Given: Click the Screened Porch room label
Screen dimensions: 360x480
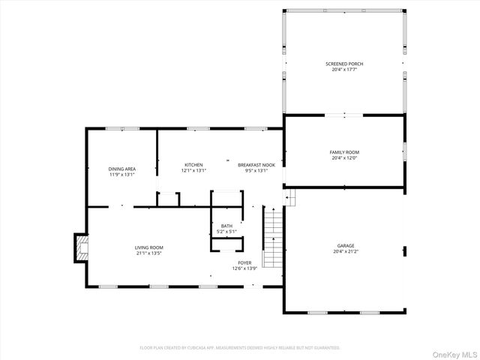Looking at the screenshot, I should point(344,64).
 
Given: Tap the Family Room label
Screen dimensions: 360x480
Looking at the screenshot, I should point(344,152).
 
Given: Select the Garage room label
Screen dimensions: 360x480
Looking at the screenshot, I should point(345,246).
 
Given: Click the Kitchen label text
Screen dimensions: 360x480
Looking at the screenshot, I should point(193,165).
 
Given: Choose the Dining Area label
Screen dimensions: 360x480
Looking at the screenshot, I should point(121,169).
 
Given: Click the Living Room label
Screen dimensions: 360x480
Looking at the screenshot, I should point(149,247).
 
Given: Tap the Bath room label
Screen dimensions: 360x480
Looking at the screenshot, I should point(226,226).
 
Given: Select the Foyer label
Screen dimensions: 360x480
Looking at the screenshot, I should point(244,262).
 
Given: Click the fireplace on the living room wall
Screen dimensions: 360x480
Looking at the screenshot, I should point(80,248).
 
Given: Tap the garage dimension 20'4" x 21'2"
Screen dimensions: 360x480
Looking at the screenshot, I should point(345,251).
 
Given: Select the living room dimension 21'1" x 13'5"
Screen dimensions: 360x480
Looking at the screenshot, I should point(149,253).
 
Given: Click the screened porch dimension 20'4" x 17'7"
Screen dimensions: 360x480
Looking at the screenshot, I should point(344,70).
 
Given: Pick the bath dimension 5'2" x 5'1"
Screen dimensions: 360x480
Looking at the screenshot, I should point(226,231).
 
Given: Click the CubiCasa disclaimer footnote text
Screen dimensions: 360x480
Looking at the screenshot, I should point(240,348).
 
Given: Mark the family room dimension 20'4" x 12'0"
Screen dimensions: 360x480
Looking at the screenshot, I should point(344,157).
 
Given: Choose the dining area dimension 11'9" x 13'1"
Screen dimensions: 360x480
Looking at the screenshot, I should point(121,174).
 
